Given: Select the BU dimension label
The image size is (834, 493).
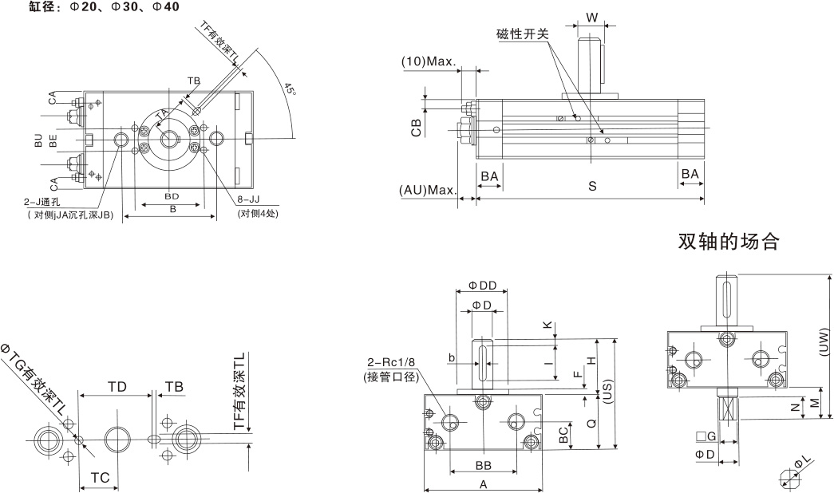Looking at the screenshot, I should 38,141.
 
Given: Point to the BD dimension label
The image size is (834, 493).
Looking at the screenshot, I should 171,195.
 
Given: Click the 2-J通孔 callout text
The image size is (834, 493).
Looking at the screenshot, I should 49,203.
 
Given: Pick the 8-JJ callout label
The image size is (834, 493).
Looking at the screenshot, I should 250,203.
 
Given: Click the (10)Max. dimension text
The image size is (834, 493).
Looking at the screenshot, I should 428,61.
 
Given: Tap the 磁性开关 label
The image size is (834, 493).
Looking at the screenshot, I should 522,34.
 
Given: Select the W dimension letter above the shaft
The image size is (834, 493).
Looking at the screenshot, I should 591,18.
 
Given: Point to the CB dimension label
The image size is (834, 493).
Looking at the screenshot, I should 416,128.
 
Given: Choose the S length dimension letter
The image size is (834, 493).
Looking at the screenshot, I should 592,186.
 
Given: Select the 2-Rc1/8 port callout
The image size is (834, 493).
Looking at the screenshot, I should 389,363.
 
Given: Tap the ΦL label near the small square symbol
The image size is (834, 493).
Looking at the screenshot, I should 801,463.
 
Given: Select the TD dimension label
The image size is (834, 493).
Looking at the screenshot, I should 117,386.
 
